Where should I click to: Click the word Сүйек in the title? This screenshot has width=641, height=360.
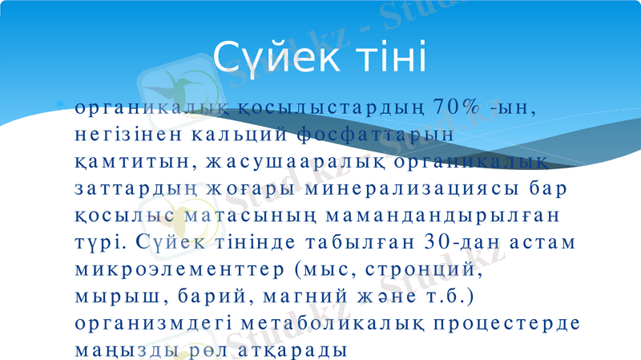(x=265, y=57)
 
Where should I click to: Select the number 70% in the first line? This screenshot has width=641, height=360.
(x=458, y=107)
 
